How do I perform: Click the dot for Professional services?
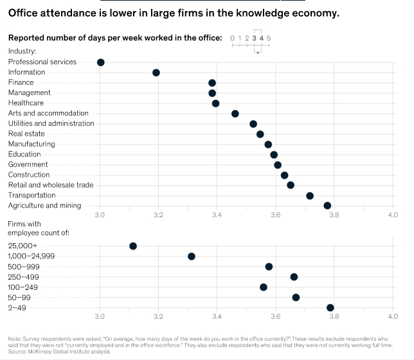point(100,62)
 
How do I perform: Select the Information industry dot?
point(156,73)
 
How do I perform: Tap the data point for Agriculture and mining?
point(327,206)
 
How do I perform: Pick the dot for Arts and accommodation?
point(235,114)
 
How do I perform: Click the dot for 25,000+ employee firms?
point(133,246)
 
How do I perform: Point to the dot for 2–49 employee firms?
point(330,308)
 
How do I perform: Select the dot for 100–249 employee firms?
point(264,287)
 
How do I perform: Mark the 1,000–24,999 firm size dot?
point(192,256)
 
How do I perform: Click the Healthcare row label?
point(26,103)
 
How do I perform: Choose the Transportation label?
point(32,195)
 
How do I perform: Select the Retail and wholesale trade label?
point(51,185)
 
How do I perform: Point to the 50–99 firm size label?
point(19,298)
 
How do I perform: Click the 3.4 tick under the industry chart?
point(217,215)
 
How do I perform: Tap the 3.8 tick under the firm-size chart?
point(334,317)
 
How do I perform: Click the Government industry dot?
point(278,165)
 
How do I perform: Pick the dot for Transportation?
point(310,195)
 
